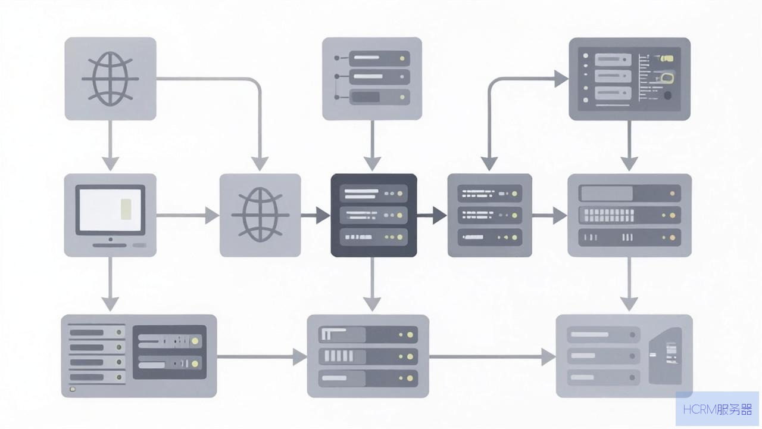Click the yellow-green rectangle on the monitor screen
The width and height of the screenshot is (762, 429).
click(x=126, y=209)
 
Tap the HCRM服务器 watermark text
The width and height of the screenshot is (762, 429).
click(x=717, y=409)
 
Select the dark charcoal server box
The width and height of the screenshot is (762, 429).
click(x=373, y=215)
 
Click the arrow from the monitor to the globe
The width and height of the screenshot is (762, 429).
click(x=188, y=216)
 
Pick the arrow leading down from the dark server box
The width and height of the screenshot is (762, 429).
click(x=372, y=284)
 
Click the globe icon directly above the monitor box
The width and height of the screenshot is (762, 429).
click(x=110, y=79)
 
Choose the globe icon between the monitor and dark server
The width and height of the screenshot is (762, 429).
click(x=260, y=215)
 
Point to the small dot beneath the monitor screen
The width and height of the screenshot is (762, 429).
click(x=111, y=240)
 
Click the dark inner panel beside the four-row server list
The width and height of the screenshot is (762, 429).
click(x=170, y=352)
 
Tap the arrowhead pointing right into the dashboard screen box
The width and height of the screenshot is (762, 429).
click(x=561, y=79)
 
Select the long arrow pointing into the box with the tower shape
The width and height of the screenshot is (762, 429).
click(x=492, y=357)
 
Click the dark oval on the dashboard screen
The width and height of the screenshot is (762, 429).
click(x=668, y=96)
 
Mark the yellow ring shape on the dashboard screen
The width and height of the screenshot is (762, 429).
click(x=667, y=78)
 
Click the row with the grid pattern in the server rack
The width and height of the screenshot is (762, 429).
click(x=630, y=215)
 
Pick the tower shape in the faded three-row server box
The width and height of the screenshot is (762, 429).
click(x=666, y=356)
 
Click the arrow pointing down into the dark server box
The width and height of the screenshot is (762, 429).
click(x=372, y=146)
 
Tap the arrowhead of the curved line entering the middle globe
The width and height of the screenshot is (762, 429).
click(x=260, y=164)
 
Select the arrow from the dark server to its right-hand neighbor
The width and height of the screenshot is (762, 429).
click(x=432, y=216)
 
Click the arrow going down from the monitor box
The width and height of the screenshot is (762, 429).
click(x=110, y=284)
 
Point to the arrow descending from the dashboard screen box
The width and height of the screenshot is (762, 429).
click(x=629, y=146)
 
